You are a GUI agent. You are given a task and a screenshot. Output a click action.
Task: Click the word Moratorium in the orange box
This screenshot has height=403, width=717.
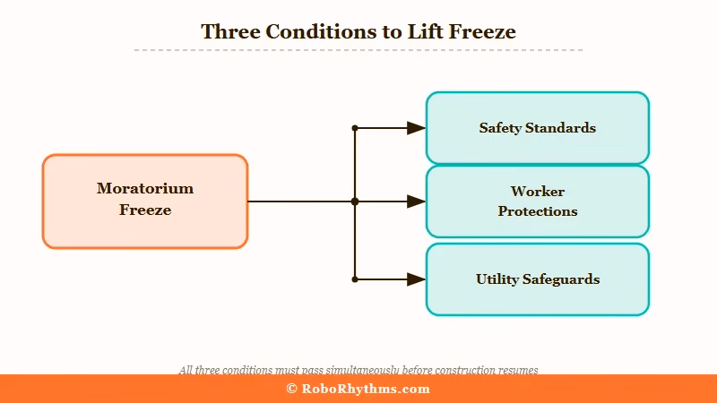145,188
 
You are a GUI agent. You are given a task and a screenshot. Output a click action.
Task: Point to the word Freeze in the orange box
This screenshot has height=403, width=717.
145,210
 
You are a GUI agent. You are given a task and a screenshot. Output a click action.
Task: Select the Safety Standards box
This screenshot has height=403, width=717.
537,128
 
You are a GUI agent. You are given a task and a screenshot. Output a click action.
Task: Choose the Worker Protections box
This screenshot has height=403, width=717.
537,201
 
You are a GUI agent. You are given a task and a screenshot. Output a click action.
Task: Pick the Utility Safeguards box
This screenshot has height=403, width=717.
537,279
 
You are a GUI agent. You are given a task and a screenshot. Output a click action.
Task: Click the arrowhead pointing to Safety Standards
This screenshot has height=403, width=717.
416,128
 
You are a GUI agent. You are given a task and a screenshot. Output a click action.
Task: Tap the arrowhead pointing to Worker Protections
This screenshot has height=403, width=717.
416,201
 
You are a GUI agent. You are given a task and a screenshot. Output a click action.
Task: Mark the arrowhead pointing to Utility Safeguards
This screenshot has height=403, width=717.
416,279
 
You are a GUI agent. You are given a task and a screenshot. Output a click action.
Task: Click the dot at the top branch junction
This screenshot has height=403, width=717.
355,128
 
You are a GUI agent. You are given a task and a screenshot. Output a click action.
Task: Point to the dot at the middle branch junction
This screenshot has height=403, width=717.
355,201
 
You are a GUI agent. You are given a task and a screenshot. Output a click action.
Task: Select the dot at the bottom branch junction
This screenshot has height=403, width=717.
355,279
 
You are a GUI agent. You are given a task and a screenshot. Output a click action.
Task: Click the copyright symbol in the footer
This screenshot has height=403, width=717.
291,389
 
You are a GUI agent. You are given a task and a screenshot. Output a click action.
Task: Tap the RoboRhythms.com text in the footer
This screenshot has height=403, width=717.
366,389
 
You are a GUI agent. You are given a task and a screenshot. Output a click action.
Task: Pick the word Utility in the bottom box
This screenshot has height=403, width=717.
497,279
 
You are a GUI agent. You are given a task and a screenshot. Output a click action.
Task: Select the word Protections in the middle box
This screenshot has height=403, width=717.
537,211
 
